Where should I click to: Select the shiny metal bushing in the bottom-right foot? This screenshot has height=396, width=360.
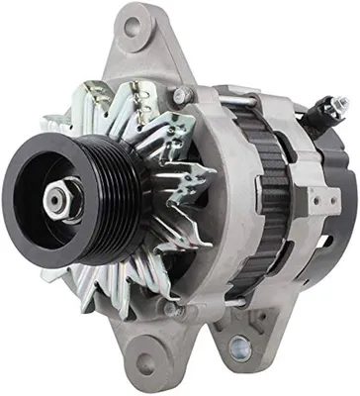pos(240,346)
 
